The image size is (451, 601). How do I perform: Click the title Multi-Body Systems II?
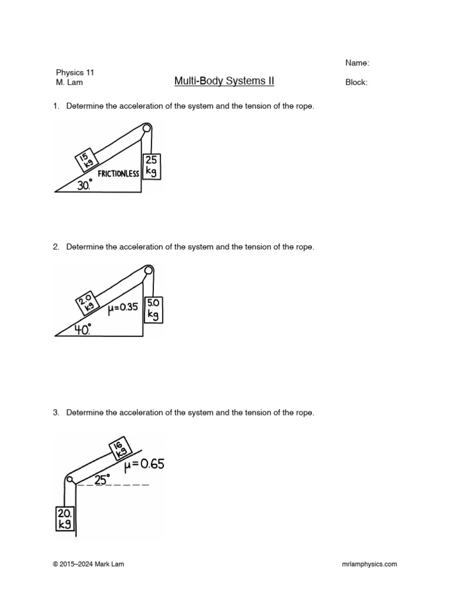pos(224,82)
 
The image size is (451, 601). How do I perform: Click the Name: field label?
pos(357,63)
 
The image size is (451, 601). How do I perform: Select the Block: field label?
pos(356,83)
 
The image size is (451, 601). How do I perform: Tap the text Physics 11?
pos(75,73)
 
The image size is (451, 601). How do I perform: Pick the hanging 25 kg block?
pos(151,166)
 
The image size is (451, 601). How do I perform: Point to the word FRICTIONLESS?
pos(118,174)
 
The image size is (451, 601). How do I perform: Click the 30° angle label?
pos(85,185)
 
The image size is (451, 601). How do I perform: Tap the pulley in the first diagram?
pos(146,128)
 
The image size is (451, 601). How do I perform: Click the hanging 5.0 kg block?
pos(153,309)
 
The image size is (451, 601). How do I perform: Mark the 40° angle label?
pos(82,330)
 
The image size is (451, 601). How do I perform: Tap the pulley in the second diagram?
pos(149,270)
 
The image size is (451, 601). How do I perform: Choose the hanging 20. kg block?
pos(65,518)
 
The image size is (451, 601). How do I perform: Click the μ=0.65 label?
pos(144,465)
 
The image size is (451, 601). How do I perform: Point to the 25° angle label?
pos(102,480)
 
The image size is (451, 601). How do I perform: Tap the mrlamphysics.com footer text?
pos(369,565)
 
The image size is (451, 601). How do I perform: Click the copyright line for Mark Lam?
pos(88,565)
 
